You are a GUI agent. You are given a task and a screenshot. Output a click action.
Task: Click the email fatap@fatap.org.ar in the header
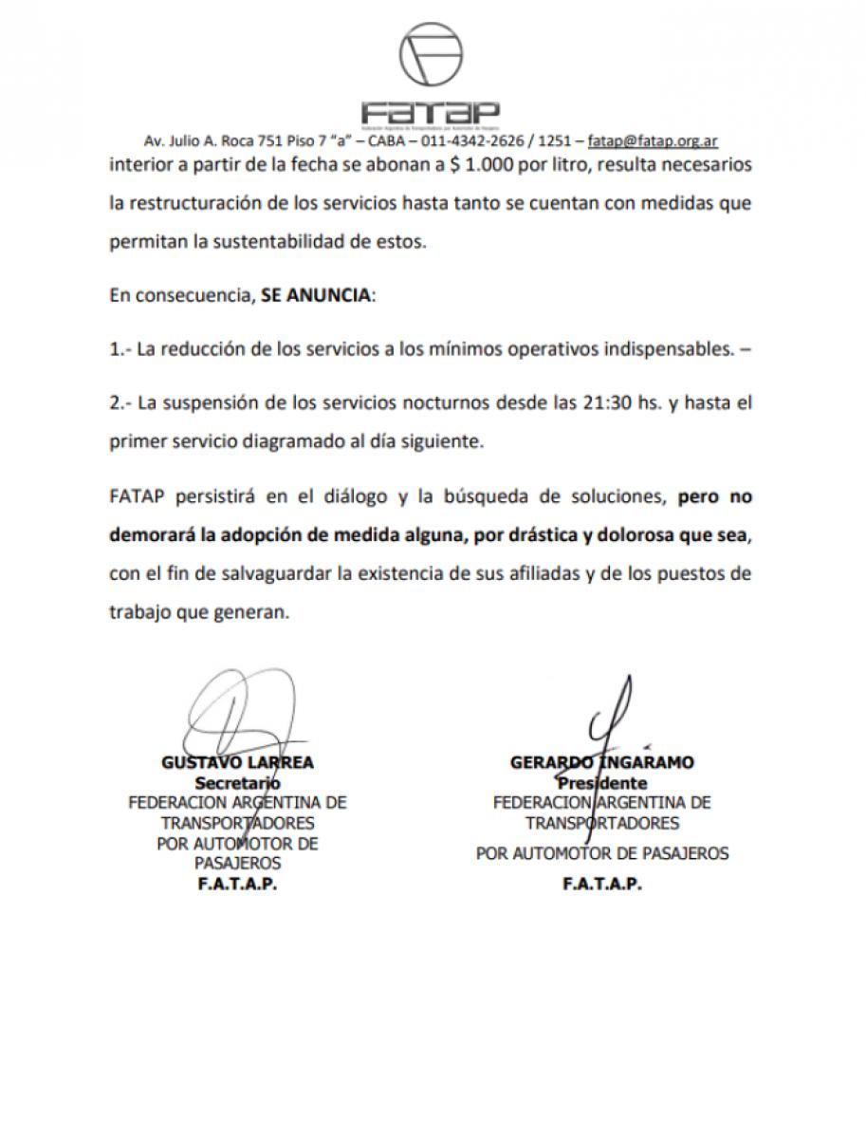coord(653,140)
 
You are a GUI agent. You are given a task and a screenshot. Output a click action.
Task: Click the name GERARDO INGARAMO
coord(601,762)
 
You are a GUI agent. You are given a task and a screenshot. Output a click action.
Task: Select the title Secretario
coord(237,783)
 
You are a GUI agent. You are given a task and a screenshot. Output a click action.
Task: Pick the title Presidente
coord(602,783)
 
